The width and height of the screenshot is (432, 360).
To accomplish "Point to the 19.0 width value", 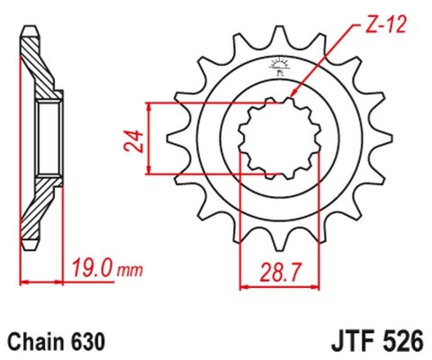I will click(90, 267).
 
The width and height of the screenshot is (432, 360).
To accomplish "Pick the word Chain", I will click(35, 343).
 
